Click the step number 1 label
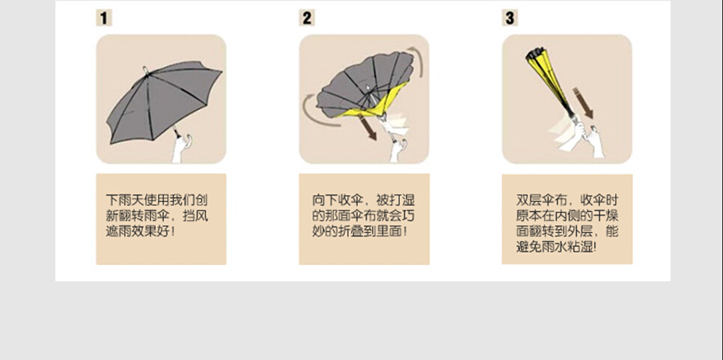[x=103, y=18]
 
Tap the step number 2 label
[x=306, y=18]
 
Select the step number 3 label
[x=510, y=18]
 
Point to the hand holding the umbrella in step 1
[x=182, y=147]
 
